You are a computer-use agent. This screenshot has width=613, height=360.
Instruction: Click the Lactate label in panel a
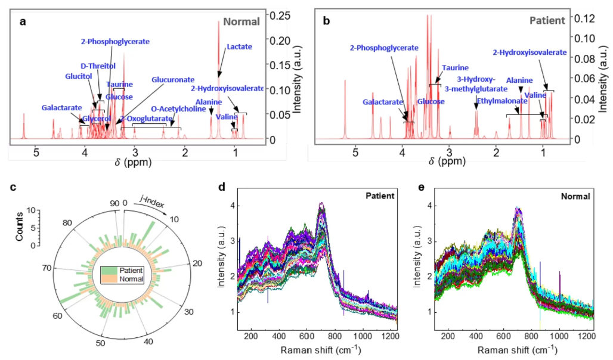point(239,46)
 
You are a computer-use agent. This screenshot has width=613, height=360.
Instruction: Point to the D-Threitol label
point(98,66)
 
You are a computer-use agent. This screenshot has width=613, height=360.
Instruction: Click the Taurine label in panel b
point(455,68)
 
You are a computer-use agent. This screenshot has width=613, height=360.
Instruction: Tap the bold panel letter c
point(14,187)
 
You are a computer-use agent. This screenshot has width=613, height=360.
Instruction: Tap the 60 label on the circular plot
point(57,315)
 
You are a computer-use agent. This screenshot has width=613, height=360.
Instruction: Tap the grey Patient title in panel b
point(547,20)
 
